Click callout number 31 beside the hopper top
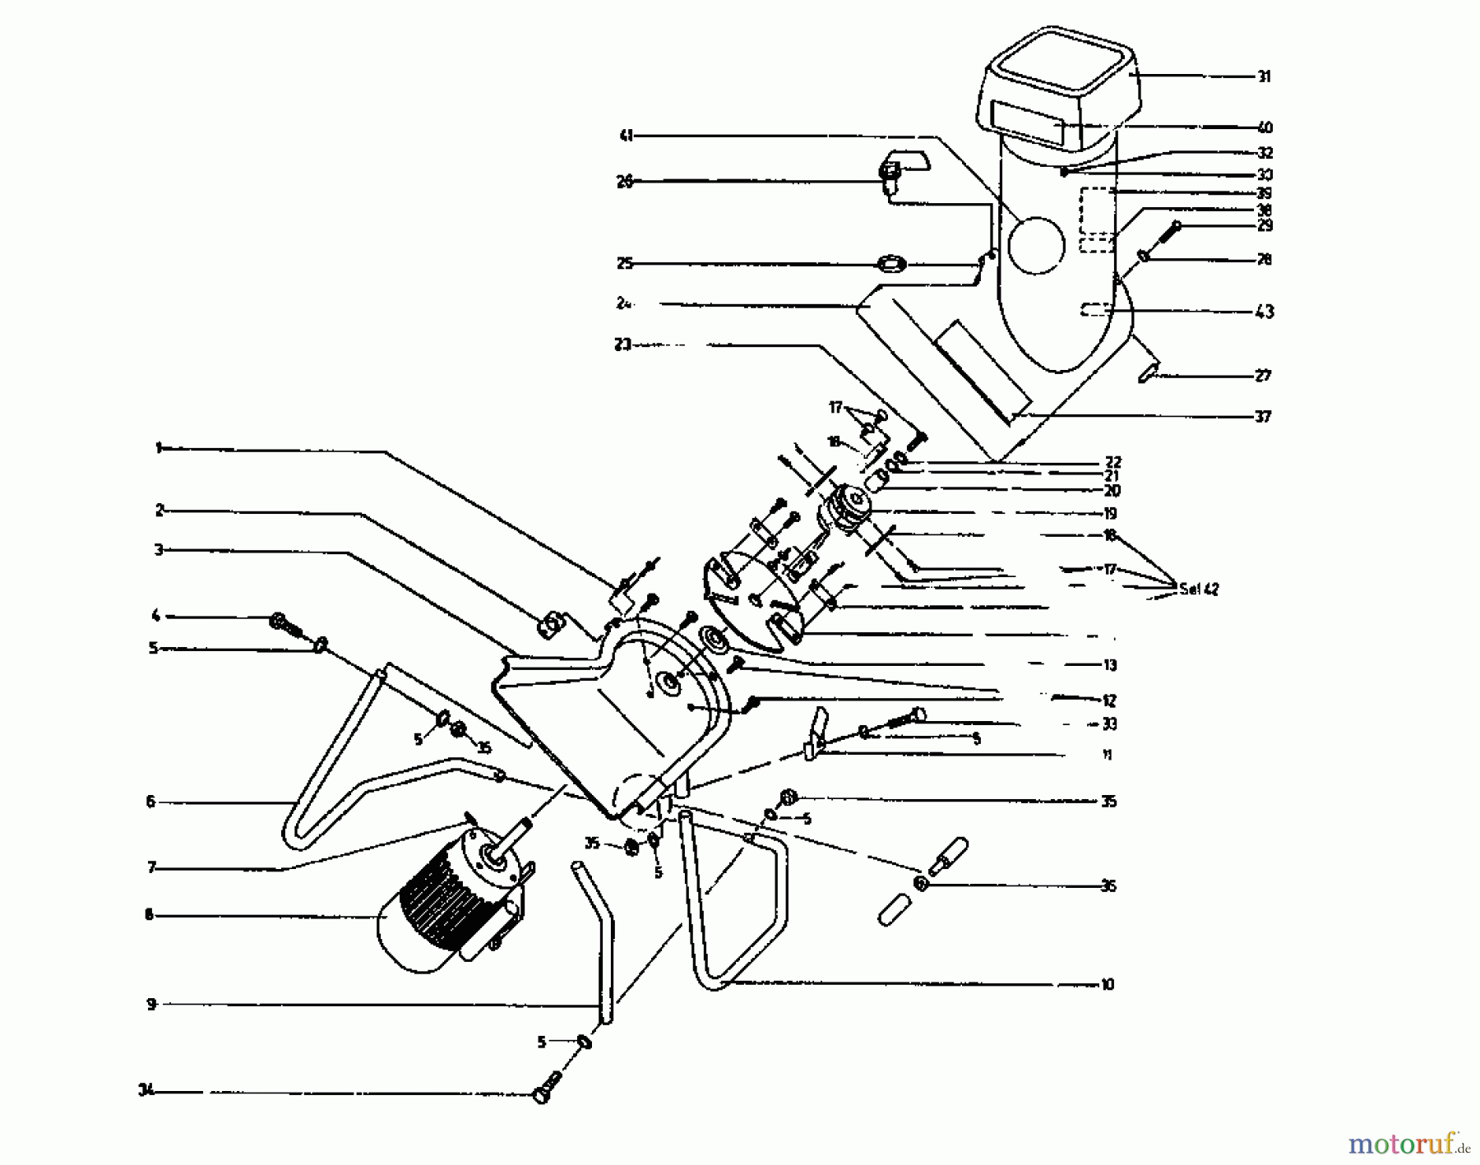click(x=1264, y=76)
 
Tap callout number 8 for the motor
click(x=149, y=915)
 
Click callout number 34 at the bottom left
click(x=145, y=1092)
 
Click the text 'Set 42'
click(x=1199, y=589)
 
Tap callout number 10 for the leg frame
click(x=1108, y=984)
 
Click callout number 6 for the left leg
click(x=150, y=802)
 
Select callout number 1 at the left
click(x=157, y=448)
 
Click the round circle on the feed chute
click(x=1037, y=244)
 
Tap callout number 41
click(x=626, y=136)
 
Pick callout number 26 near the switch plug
click(x=625, y=182)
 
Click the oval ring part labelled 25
click(x=892, y=265)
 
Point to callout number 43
click(x=1264, y=312)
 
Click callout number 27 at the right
click(x=1264, y=376)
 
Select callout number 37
click(x=1264, y=417)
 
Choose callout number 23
click(x=622, y=345)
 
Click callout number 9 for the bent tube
click(x=151, y=1004)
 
